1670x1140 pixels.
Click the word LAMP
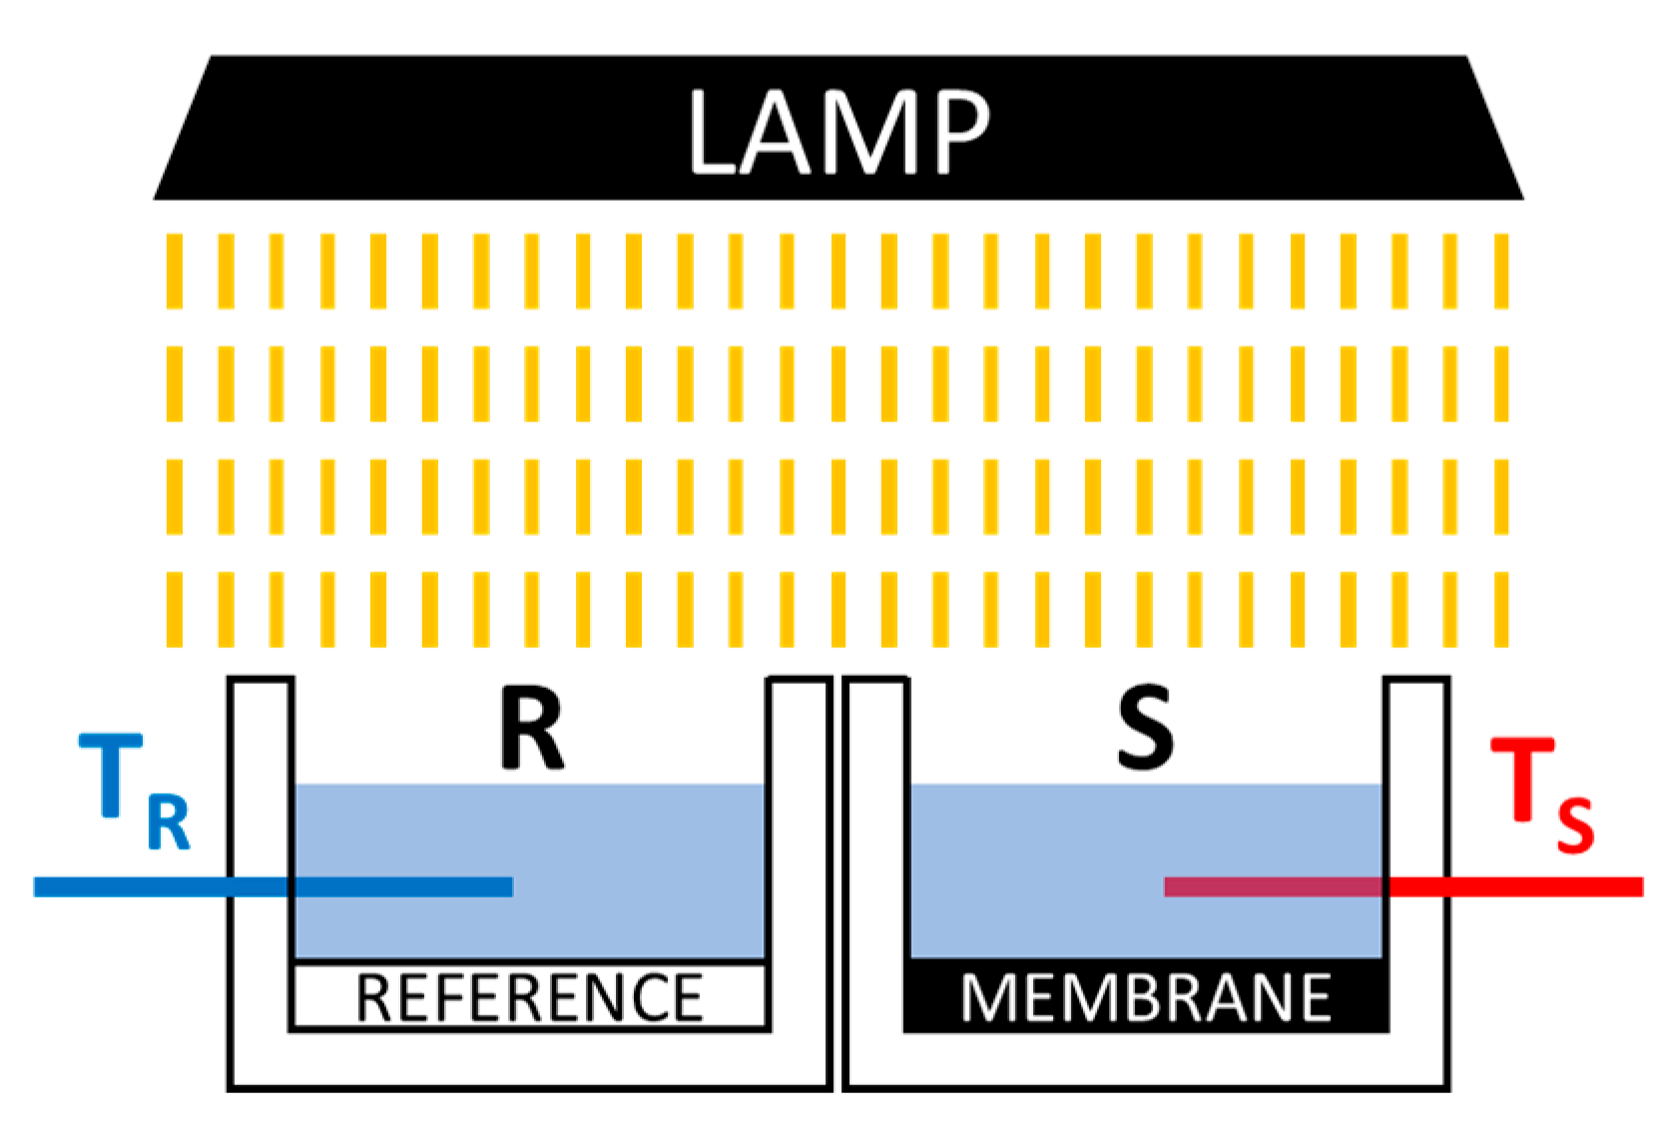coord(838,132)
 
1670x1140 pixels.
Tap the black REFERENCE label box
coord(529,997)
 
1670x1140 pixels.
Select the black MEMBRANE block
coord(1146,997)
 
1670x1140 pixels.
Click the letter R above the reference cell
coord(532,729)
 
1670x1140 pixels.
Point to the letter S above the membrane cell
coord(1144,729)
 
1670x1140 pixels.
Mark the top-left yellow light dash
coord(175,272)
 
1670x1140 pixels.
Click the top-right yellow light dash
coord(1501,272)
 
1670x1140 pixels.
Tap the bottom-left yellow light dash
coord(175,609)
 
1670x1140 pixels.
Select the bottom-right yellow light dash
coord(1501,609)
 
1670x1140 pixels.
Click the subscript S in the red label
coord(1575,827)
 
